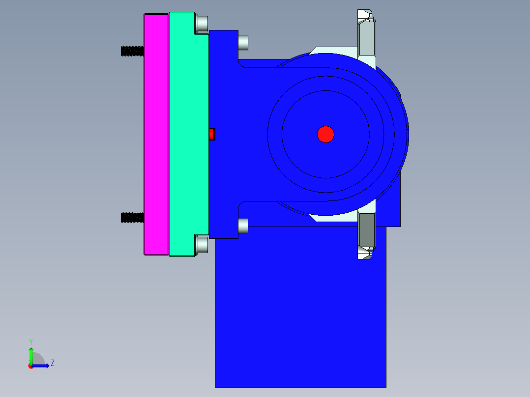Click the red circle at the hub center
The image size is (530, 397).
325,134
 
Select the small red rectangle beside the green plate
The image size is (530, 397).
212,134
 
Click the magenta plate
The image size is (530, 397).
156,134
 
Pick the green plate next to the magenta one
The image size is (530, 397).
188,134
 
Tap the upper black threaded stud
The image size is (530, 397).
132,51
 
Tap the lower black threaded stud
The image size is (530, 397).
132,217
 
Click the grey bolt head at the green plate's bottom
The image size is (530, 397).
202,245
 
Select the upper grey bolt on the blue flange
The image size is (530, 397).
243,43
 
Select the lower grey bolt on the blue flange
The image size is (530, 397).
243,226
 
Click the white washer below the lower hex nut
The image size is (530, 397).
364,254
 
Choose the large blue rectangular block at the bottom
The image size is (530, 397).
300,314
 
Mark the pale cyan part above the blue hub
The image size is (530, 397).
334,51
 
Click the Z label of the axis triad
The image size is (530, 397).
52,363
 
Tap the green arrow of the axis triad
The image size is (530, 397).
31,354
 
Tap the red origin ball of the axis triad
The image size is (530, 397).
31,366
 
